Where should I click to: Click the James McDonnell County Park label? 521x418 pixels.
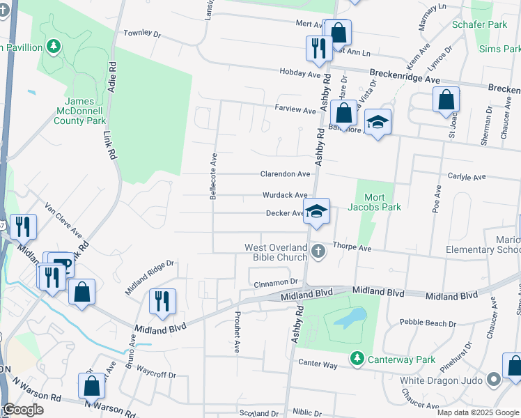coord(80,111)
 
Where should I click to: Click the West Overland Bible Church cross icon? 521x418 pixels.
coord(318,251)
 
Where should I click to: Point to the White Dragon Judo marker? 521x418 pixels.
coord(494,380)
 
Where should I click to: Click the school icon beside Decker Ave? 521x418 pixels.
coord(316,211)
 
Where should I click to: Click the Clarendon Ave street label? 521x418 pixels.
coord(285,174)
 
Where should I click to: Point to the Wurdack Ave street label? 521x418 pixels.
coord(285,196)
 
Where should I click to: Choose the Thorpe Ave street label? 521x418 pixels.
coord(352,247)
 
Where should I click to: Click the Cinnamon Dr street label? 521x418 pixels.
coord(276,282)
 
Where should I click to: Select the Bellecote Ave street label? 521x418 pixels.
coord(214,176)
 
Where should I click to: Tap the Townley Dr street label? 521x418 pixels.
coord(142,33)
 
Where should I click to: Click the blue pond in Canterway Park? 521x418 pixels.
coord(346,318)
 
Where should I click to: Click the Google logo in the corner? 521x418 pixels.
coord(24,410)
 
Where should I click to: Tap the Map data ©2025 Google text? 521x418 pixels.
coord(477,412)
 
